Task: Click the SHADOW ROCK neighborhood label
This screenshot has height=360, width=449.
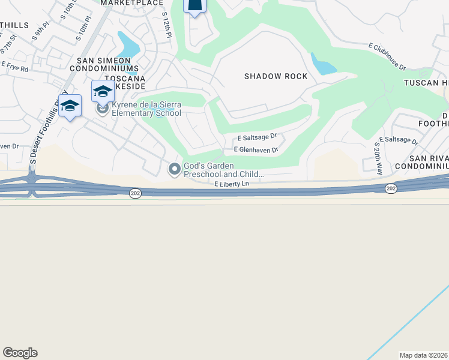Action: coord(276,76)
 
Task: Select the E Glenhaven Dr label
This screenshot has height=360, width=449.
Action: coord(256,149)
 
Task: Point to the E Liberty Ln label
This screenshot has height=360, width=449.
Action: coord(232,184)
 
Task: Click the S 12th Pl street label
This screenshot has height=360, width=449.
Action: coord(166,25)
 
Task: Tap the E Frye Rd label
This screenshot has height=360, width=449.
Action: coord(15,67)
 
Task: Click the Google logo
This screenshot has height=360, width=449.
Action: coord(20,353)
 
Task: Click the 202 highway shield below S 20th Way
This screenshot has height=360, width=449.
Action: coord(391,188)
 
